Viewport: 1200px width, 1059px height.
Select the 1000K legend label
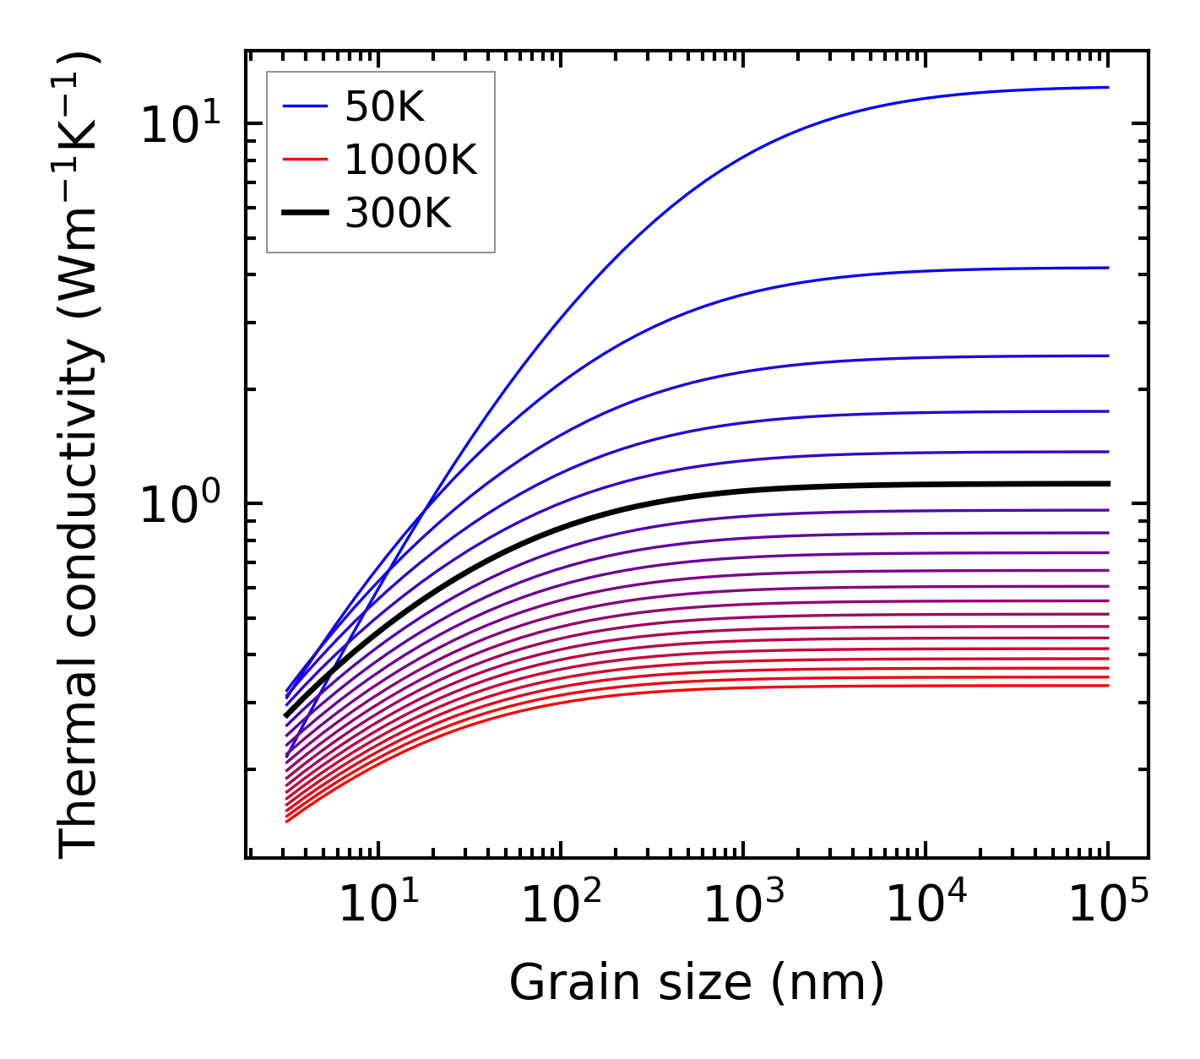click(x=410, y=160)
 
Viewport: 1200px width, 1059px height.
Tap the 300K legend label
click(x=398, y=214)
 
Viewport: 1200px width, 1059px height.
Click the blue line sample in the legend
click(x=305, y=106)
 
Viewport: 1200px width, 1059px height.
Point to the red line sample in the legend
click(x=305, y=160)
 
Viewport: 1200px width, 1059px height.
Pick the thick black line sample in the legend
click(x=305, y=214)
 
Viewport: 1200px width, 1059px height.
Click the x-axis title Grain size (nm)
click(x=697, y=983)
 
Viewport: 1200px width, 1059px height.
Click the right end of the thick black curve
click(x=1108, y=484)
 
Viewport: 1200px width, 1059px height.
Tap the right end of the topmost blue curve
click(x=1108, y=87)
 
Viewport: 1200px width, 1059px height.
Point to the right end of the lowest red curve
click(x=1108, y=685)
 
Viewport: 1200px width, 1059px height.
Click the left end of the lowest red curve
click(x=287, y=821)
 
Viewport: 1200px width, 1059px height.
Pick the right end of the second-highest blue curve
click(x=1108, y=268)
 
